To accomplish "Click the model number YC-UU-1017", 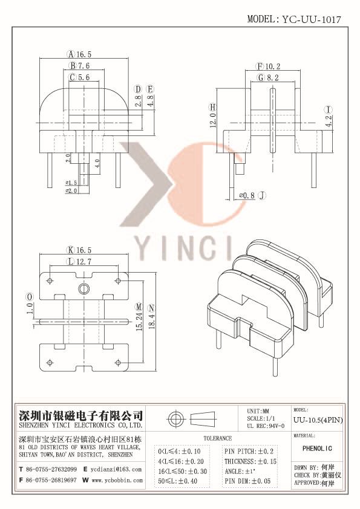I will point(312,19).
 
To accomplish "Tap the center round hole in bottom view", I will point(85,287).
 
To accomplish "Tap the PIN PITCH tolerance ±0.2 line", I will point(249,451).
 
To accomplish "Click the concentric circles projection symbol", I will point(177,419).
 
